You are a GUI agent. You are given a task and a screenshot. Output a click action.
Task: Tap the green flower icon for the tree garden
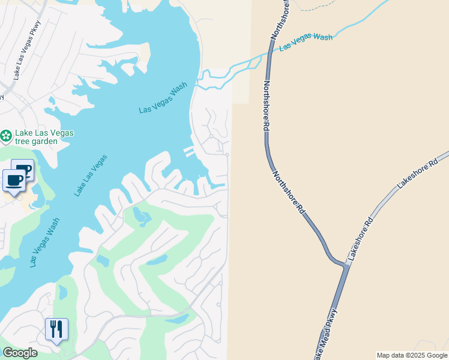pyautogui.click(x=6, y=136)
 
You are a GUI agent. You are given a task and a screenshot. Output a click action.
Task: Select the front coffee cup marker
pyautogui.click(x=14, y=180)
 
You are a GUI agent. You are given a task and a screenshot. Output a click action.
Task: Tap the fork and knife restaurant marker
pyautogui.click(x=56, y=329)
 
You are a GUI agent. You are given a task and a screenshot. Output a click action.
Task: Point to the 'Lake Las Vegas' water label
pyautogui.click(x=91, y=175)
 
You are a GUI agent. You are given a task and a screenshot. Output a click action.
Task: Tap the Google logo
pyautogui.click(x=20, y=353)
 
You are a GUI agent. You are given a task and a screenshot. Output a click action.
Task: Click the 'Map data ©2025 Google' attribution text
pyautogui.click(x=412, y=355)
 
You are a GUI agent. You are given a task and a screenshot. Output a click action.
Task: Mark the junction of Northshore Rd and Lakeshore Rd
pyautogui.click(x=346, y=263)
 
